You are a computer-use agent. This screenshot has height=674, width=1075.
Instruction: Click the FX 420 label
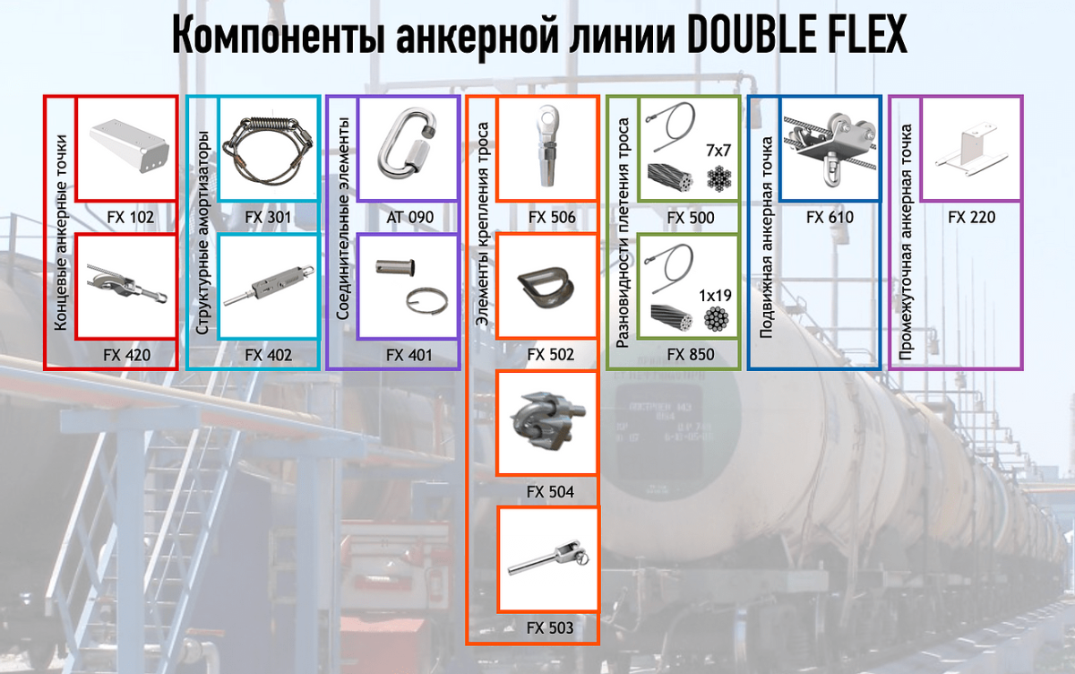[x=127, y=355]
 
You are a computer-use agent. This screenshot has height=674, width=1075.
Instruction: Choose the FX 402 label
[x=268, y=355]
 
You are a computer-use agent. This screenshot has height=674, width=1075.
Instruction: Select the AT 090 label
[x=409, y=217]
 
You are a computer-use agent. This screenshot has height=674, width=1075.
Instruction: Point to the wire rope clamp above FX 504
[x=546, y=421]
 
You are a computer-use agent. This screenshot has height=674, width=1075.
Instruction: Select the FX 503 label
[x=550, y=627]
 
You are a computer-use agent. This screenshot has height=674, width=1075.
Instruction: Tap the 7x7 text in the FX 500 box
[x=719, y=148]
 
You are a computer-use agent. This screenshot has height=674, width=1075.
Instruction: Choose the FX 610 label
[x=830, y=217]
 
